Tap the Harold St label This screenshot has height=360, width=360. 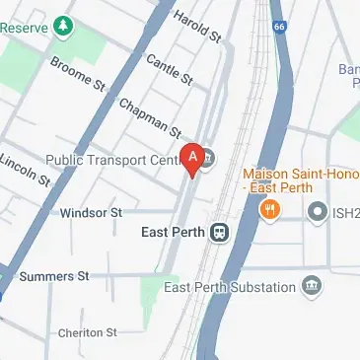pyautogui.click(x=197, y=28)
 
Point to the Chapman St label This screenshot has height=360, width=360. pyautogui.click(x=150, y=117)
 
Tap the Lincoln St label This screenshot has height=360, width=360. pyautogui.click(x=25, y=169)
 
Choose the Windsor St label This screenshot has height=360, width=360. pyautogui.click(x=91, y=212)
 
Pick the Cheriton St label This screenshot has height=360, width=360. pyautogui.click(x=87, y=332)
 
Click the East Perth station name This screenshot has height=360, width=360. pyautogui.click(x=169, y=233)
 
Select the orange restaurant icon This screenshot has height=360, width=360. pyautogui.click(x=267, y=209)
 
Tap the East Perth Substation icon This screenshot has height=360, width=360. pyautogui.click(x=313, y=287)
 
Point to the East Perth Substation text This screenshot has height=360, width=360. pyautogui.click(x=231, y=287)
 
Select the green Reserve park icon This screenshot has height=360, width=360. pyautogui.click(x=65, y=23)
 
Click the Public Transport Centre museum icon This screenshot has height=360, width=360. pyautogui.click(x=208, y=158)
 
